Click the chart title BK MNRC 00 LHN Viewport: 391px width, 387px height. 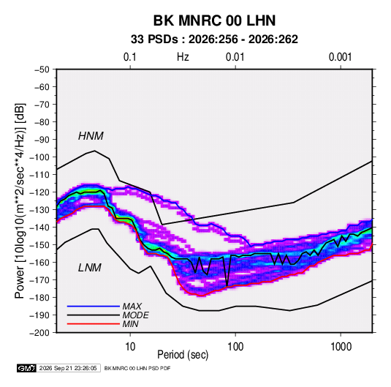point(214,20)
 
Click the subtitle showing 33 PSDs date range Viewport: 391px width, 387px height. point(214,40)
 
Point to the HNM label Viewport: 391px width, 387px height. point(91,136)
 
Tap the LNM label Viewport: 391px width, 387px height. point(90,268)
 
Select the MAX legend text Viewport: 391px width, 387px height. point(132,307)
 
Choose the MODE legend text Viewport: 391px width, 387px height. point(135,315)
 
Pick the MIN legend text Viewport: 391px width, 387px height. point(130,324)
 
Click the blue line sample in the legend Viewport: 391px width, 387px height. point(94,307)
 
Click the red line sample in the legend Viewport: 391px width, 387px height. point(94,324)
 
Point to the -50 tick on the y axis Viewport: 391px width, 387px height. point(42,69)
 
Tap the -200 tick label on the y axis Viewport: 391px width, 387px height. point(39,333)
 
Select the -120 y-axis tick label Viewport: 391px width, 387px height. point(39,192)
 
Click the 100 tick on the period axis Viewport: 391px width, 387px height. point(235,347)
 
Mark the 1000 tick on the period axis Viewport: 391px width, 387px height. point(341,347)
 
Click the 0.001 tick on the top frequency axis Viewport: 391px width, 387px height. point(341,57)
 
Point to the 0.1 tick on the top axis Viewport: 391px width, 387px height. point(130,57)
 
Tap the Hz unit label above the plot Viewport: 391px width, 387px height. point(183,57)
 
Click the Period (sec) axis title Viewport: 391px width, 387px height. point(183,355)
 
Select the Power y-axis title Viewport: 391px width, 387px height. point(20,201)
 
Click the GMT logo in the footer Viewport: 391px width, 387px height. point(27,368)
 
